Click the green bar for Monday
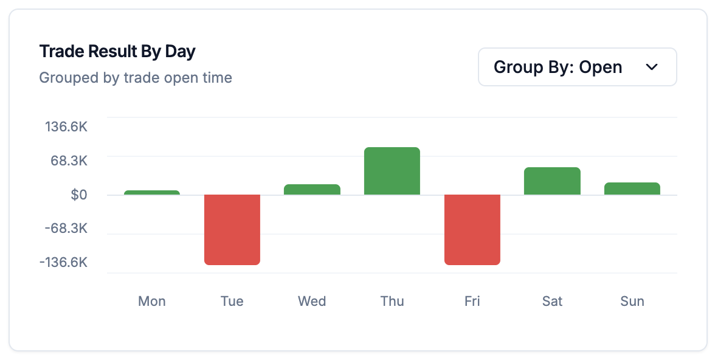tap(152, 193)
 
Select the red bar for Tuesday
tap(232, 229)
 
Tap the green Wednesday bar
tap(312, 189)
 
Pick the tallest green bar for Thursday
tap(392, 171)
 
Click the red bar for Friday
tap(472, 229)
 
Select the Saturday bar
tap(552, 181)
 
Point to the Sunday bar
tap(632, 189)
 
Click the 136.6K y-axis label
tap(66, 127)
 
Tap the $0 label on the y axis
tap(79, 195)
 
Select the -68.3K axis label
tap(67, 229)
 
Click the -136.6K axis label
tap(64, 263)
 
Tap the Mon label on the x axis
tap(152, 301)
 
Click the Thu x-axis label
tap(392, 301)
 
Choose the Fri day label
tap(472, 301)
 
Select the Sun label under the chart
tap(632, 301)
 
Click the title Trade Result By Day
tap(117, 52)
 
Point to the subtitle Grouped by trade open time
tap(136, 78)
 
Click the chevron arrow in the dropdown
tap(652, 67)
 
